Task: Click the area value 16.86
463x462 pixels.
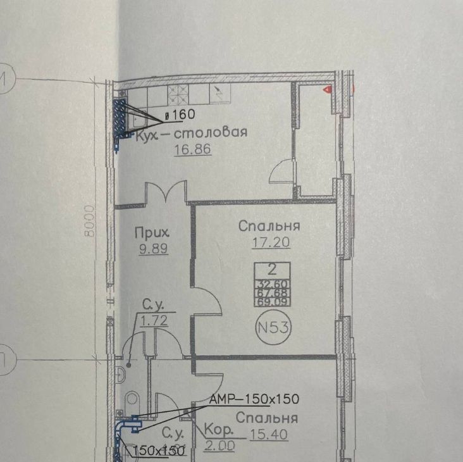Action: coord(192,149)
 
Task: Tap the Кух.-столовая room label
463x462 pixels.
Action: coord(191,133)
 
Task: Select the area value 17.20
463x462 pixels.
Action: coord(271,242)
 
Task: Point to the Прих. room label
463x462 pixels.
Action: coord(152,232)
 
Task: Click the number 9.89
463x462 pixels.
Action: coord(154,249)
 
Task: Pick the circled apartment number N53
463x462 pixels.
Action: coord(273,327)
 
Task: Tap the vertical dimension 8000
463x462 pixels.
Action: coord(89,221)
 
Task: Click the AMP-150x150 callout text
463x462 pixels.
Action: coord(254,399)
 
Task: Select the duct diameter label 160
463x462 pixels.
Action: coord(180,115)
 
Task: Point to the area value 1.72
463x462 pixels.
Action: coord(154,320)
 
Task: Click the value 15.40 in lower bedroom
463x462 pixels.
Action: coord(269,435)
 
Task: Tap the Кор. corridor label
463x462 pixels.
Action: coord(219,430)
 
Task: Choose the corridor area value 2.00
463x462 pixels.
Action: coord(219,446)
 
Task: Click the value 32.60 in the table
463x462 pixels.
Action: coord(272,284)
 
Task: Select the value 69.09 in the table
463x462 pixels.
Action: coord(272,302)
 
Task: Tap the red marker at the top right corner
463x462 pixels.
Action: coord(328,89)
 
